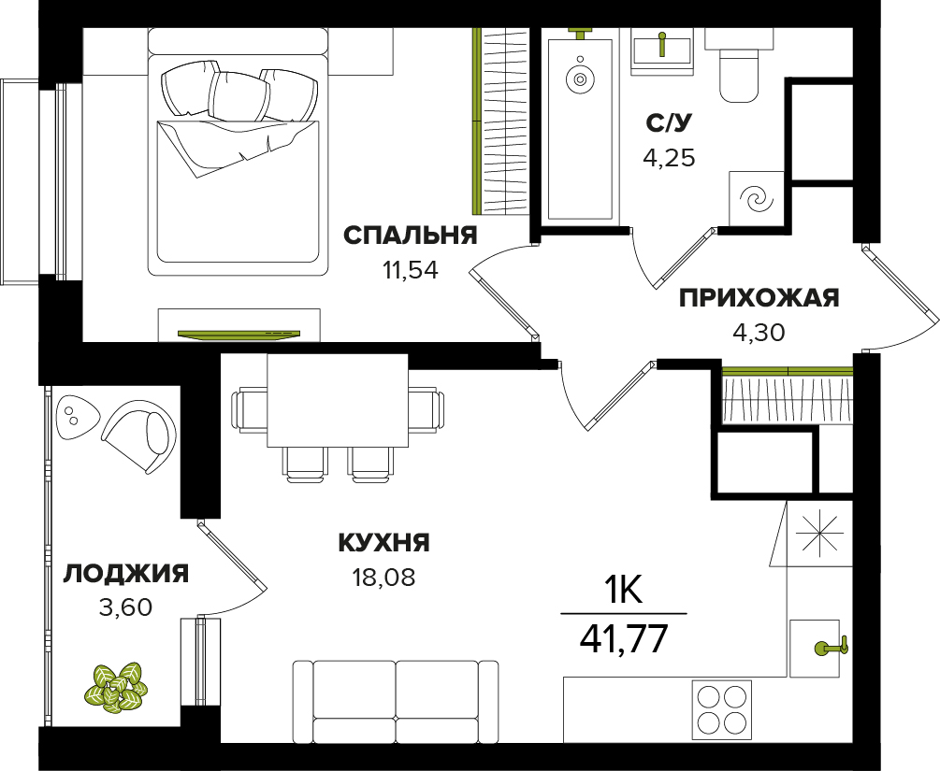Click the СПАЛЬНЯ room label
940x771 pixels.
[410, 236]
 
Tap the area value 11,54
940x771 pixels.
[410, 271]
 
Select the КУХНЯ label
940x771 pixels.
[384, 543]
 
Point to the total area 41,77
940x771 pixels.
[624, 638]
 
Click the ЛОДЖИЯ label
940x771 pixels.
[126, 573]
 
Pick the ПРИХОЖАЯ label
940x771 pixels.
[759, 298]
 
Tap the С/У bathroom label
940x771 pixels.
[669, 122]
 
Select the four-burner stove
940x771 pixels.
[722, 710]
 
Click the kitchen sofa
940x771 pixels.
[397, 701]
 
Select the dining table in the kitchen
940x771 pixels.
[338, 400]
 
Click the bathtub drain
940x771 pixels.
[580, 79]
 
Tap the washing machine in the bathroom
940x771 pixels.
[757, 199]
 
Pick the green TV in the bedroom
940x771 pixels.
[239, 333]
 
